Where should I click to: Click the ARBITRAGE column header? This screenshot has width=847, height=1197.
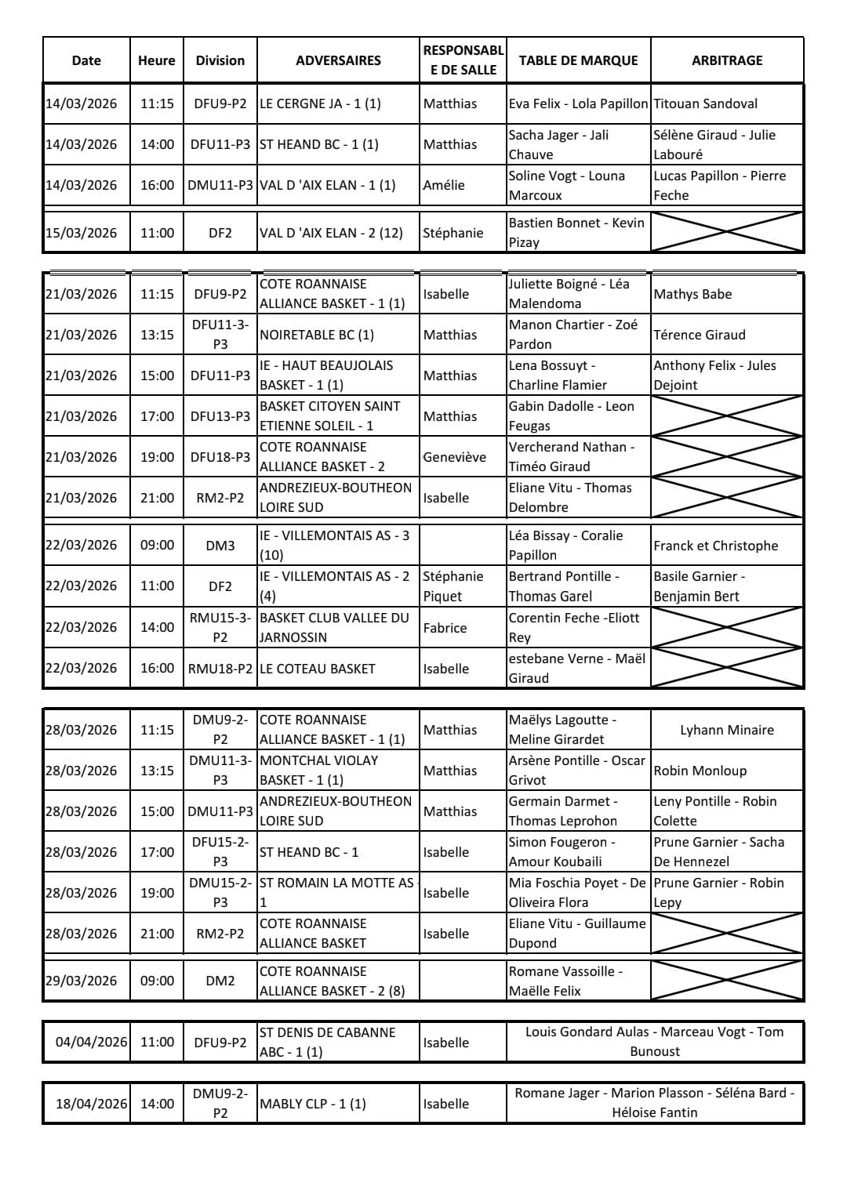(x=726, y=60)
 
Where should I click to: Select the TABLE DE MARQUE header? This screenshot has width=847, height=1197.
(x=578, y=60)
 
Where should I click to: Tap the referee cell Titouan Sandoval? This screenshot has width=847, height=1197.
(x=705, y=103)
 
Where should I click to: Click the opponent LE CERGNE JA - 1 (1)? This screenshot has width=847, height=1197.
(x=320, y=103)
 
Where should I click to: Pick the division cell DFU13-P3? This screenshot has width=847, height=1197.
(x=220, y=416)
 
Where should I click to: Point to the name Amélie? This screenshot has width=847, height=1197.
(x=444, y=185)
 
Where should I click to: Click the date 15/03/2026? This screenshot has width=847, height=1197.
(x=86, y=233)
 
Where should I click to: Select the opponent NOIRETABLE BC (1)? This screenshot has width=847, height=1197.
(x=317, y=335)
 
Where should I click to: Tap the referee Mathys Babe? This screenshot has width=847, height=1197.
(x=693, y=294)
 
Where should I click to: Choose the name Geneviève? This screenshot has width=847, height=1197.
(x=455, y=457)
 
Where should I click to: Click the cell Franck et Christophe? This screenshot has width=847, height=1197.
(x=715, y=546)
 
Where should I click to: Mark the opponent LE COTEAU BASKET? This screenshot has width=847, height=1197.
(x=318, y=669)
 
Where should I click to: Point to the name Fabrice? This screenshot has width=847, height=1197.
(x=445, y=628)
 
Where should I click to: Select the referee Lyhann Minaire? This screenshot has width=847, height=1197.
(x=726, y=730)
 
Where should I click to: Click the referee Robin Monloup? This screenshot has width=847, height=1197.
(x=700, y=771)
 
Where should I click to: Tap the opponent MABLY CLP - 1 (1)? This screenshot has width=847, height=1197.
(x=313, y=1104)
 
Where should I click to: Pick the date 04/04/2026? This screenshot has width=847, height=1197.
(x=91, y=1042)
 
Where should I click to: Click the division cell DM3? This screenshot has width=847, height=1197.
(x=220, y=546)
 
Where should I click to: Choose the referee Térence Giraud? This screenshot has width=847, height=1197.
(x=700, y=335)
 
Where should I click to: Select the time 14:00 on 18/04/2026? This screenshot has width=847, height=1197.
(x=157, y=1104)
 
